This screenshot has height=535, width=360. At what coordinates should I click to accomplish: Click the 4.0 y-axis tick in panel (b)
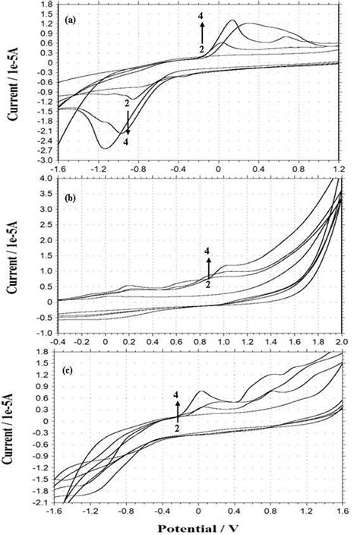(44, 179)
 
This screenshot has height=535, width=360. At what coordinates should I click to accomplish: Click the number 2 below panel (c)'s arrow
(177, 428)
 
